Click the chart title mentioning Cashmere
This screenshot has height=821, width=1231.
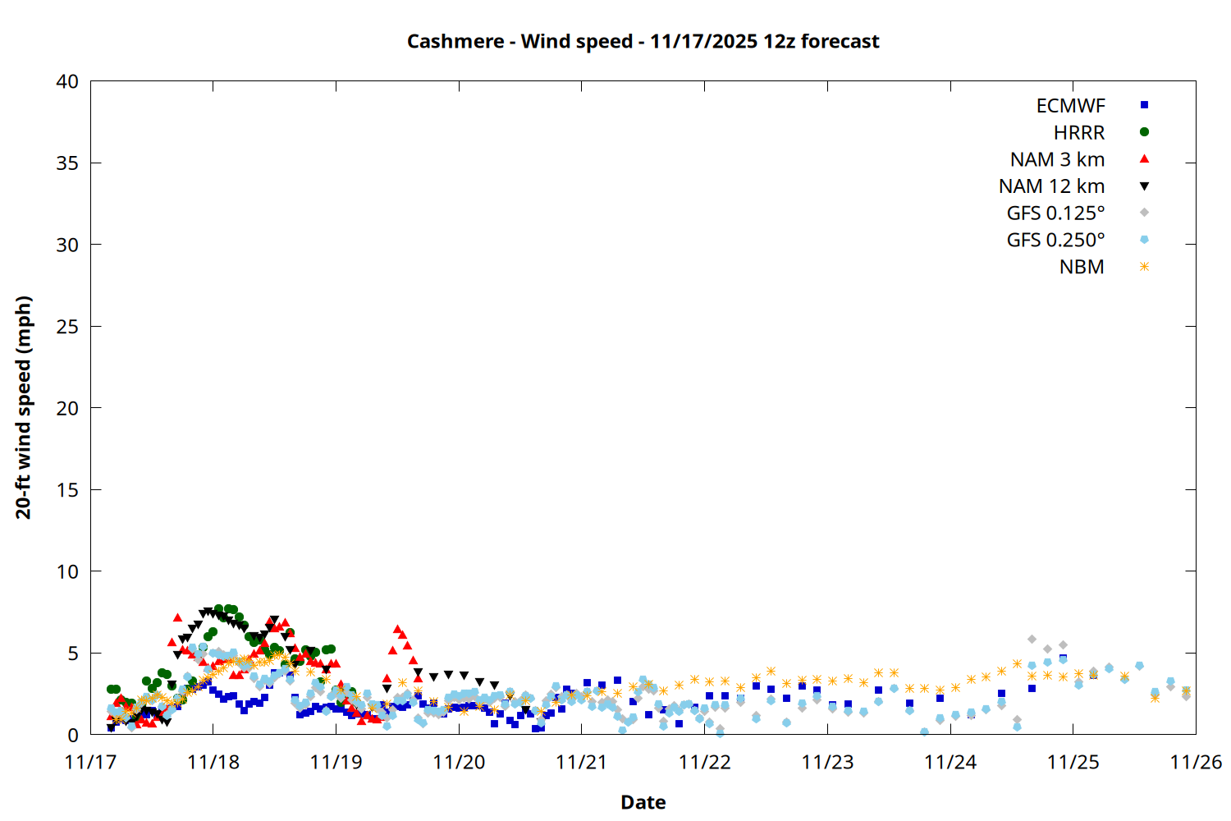pyautogui.click(x=643, y=41)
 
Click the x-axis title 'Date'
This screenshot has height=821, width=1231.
pyautogui.click(x=643, y=802)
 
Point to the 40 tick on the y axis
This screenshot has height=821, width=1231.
pyautogui.click(x=67, y=81)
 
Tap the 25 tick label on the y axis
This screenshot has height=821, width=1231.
pyautogui.click(x=67, y=327)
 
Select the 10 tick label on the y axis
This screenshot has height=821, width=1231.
pyautogui.click(x=67, y=571)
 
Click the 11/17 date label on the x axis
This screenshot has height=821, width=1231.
pyautogui.click(x=90, y=762)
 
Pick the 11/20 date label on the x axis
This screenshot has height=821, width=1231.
pyautogui.click(x=459, y=762)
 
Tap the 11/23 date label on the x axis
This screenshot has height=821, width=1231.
pyautogui.click(x=827, y=762)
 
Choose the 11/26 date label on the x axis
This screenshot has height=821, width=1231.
pyautogui.click(x=1196, y=762)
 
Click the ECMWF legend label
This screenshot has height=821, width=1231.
pyautogui.click(x=1070, y=106)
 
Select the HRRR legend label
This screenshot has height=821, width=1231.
pyautogui.click(x=1079, y=133)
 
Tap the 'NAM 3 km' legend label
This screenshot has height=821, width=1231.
pyautogui.click(x=1057, y=159)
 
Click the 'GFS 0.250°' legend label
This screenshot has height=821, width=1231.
pyautogui.click(x=1055, y=240)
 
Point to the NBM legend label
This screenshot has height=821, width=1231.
pyautogui.click(x=1082, y=267)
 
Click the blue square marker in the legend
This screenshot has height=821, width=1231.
pyautogui.click(x=1144, y=105)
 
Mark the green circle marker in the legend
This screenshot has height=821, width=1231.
pyautogui.click(x=1144, y=132)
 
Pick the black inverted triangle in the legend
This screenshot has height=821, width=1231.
pyautogui.click(x=1144, y=186)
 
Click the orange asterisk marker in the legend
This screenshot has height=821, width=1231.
pyautogui.click(x=1144, y=267)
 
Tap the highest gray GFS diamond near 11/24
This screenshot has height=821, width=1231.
pyautogui.click(x=1032, y=639)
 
